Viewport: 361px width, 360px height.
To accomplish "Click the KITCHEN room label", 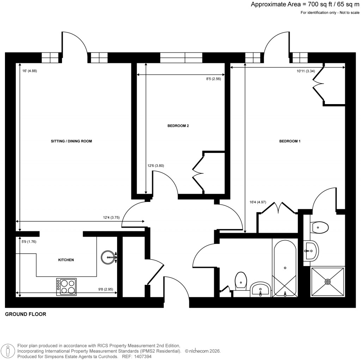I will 66,260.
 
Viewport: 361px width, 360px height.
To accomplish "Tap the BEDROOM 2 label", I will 180,126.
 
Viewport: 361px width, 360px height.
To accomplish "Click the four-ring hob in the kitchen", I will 66,287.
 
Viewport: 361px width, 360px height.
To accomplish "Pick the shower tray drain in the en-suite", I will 328,281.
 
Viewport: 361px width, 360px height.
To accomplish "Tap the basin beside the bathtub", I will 261,289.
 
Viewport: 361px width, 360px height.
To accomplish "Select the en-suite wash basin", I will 311,251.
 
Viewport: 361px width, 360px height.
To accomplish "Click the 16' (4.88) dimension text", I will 30,71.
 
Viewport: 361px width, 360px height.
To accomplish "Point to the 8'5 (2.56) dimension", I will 213,79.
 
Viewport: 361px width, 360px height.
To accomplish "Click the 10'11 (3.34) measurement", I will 305,71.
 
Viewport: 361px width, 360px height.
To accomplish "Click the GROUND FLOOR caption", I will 25,314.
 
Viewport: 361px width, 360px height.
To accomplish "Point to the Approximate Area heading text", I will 305,5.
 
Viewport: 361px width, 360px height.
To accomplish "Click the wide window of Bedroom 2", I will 181,57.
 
